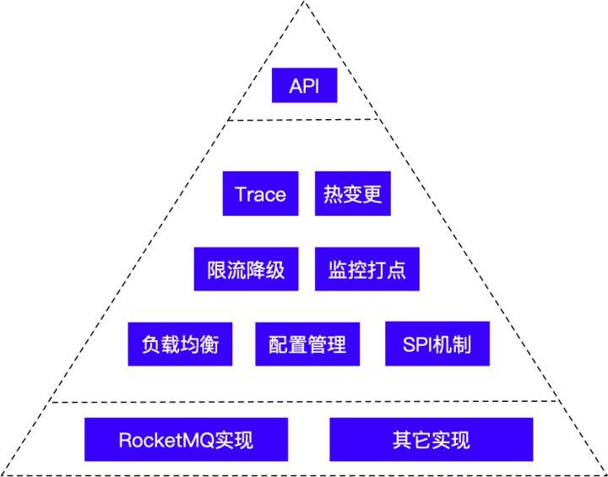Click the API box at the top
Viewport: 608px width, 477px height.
coord(304,86)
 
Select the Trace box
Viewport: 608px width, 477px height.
coord(260,194)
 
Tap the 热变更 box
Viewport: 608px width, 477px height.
coord(353,194)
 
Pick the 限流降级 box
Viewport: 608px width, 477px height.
coord(246,269)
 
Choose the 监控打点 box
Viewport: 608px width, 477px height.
coord(366,269)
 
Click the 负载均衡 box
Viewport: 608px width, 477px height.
coord(180,344)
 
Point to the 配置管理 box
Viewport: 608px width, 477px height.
coord(307,344)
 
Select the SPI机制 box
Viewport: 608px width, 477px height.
coord(437,344)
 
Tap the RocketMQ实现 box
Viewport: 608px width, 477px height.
coord(186,440)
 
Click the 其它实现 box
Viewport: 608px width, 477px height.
coord(431,440)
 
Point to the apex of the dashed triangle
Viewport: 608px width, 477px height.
coord(304,3)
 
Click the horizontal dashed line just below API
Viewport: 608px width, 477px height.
coord(304,120)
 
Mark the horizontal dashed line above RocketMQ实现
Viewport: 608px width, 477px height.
coord(304,402)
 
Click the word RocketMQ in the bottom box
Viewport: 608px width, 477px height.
coord(167,440)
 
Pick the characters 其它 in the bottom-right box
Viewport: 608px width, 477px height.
coord(411,440)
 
